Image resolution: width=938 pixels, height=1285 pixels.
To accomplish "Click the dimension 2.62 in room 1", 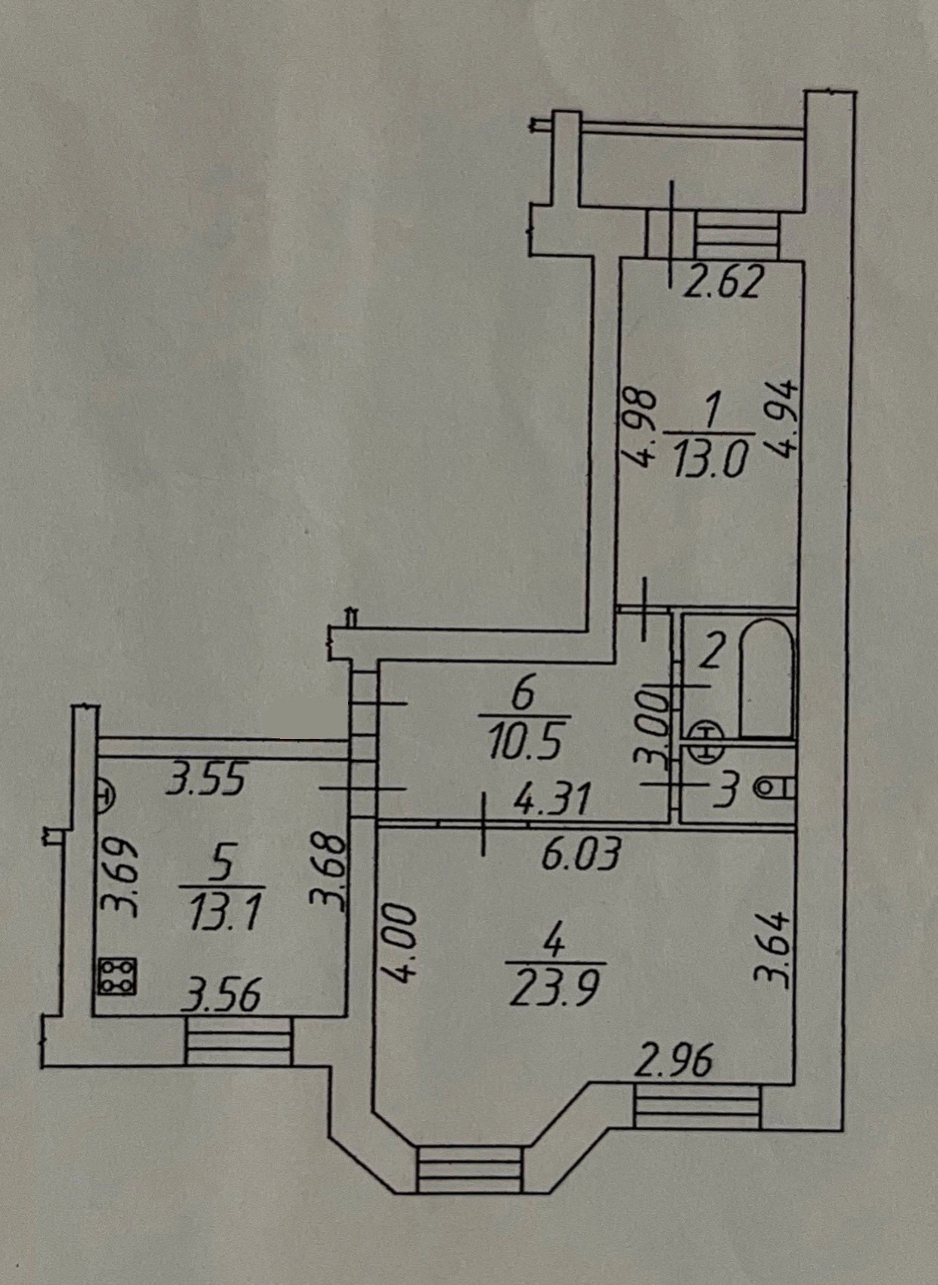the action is click(722, 283).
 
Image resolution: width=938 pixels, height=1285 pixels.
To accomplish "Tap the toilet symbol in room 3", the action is click(774, 789).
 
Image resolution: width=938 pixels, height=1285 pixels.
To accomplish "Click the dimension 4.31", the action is click(550, 799).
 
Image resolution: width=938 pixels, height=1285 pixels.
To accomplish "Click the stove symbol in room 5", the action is click(117, 976).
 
